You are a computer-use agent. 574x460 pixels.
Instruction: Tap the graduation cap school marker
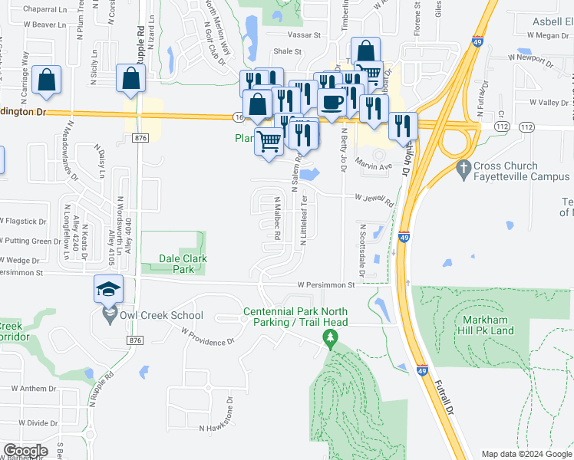(x=108, y=289)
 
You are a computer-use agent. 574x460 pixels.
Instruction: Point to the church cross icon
(x=463, y=166)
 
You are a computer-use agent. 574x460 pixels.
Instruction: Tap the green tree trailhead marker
(x=331, y=337)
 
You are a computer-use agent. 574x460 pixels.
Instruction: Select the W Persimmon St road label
(x=325, y=284)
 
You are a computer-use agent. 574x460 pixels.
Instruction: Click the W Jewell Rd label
(x=374, y=201)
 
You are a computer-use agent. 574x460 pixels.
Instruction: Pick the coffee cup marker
(x=332, y=102)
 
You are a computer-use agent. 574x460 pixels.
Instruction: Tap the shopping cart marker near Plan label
(x=269, y=140)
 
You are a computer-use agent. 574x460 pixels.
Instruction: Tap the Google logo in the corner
(x=25, y=450)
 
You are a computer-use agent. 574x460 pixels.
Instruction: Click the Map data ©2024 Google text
(x=526, y=453)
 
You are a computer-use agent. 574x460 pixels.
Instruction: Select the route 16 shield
(x=239, y=117)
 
